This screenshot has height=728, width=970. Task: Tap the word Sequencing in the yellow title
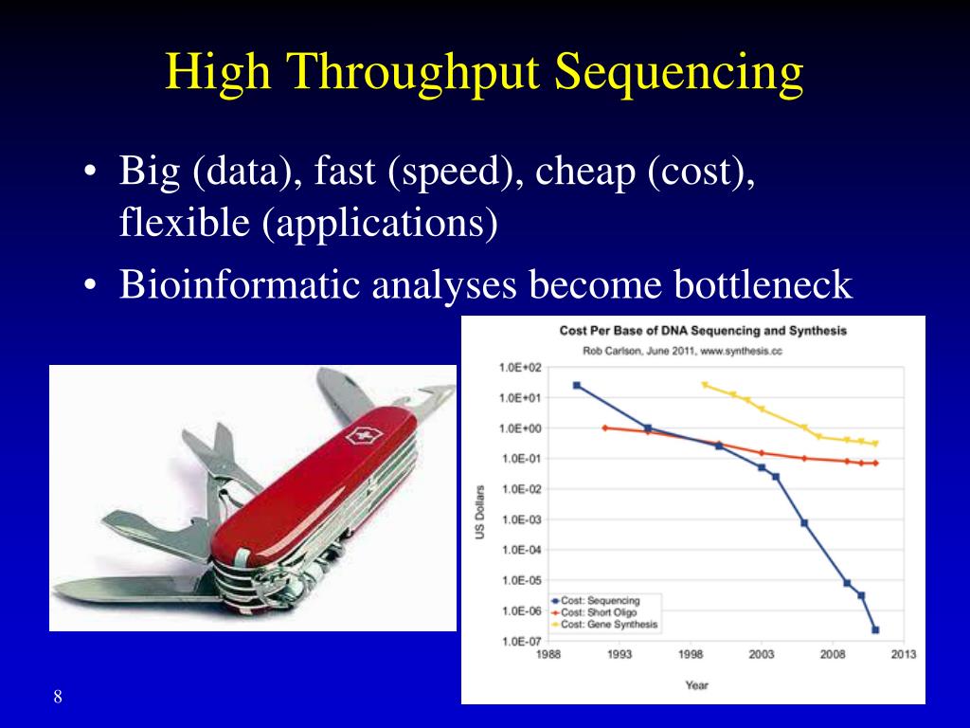pyautogui.click(x=679, y=72)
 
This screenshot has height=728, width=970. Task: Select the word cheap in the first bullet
pyautogui.click(x=585, y=172)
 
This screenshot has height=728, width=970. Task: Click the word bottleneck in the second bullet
pyautogui.click(x=763, y=284)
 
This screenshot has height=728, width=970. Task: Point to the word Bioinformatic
pyautogui.click(x=240, y=284)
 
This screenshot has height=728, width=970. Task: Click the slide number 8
pyautogui.click(x=58, y=697)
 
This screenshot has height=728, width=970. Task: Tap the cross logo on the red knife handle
pyautogui.click(x=365, y=436)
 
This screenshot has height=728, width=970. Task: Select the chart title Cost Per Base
pyautogui.click(x=703, y=331)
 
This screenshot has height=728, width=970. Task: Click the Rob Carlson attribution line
pyautogui.click(x=682, y=351)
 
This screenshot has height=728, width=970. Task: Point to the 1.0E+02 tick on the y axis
pyautogui.click(x=520, y=368)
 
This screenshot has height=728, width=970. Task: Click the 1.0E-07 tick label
pyautogui.click(x=520, y=642)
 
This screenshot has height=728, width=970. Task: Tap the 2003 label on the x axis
pyautogui.click(x=762, y=654)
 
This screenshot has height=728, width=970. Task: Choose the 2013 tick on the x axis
pyautogui.click(x=903, y=654)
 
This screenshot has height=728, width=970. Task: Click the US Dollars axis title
pyautogui.click(x=480, y=512)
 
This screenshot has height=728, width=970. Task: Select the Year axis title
pyautogui.click(x=696, y=685)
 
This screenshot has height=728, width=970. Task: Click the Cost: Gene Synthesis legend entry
pyautogui.click(x=604, y=625)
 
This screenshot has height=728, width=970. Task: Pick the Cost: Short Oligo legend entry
pyautogui.click(x=594, y=612)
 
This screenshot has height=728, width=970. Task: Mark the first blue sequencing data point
pyautogui.click(x=577, y=386)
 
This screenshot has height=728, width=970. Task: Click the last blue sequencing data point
pyautogui.click(x=875, y=630)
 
